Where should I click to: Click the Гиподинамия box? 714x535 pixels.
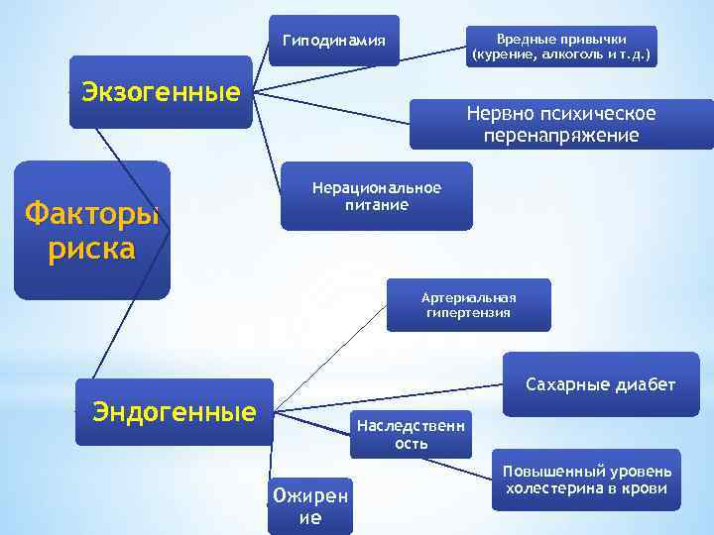click(334, 41)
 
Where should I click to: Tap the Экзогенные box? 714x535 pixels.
click(161, 92)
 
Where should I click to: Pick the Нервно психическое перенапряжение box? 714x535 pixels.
click(561, 125)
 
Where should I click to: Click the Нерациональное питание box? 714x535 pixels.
click(376, 196)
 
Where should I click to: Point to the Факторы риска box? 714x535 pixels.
click(92, 230)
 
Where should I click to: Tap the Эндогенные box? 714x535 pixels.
click(174, 411)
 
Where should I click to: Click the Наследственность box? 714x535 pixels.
click(410, 434)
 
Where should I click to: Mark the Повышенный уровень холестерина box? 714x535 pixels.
click(586, 480)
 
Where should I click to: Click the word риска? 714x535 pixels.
click(92, 248)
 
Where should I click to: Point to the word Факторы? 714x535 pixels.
click(92, 212)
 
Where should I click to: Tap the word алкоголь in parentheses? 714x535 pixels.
click(575, 55)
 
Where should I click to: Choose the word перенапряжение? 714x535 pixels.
click(561, 136)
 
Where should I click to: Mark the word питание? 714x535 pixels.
click(376, 205)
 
